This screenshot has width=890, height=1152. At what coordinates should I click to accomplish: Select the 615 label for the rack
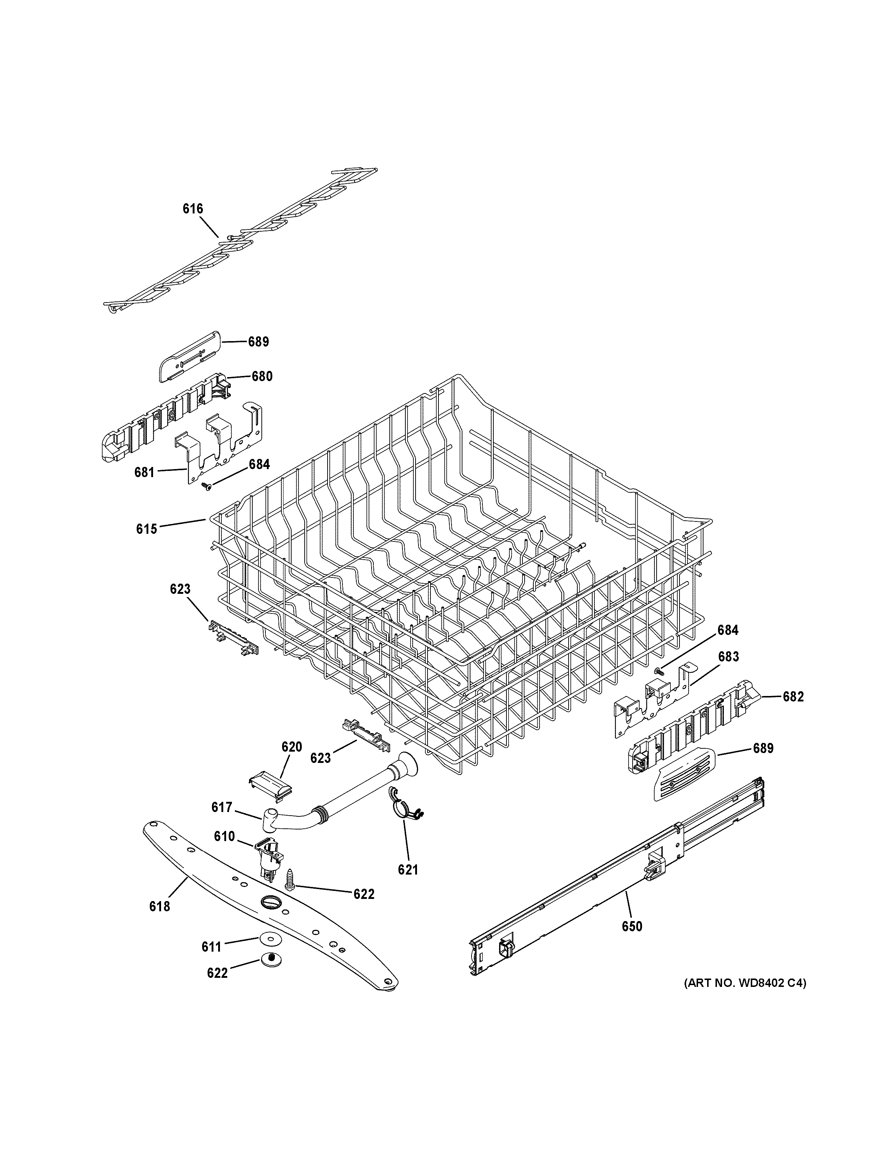pyautogui.click(x=147, y=528)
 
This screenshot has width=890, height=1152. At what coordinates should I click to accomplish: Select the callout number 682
pyautogui.click(x=793, y=697)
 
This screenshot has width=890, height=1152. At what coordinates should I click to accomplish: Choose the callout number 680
pyautogui.click(x=261, y=376)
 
